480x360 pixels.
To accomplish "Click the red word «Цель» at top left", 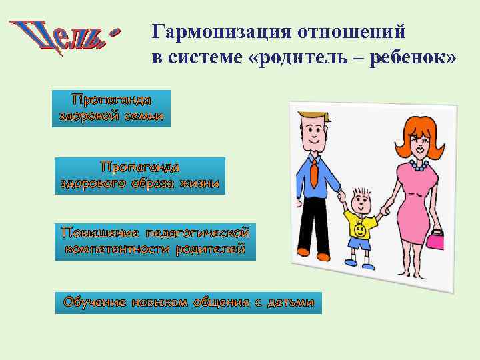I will pos(63,37).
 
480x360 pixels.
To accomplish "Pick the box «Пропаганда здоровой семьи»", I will pos(111,108).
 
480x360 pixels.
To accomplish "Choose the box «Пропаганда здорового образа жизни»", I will pos(140,175).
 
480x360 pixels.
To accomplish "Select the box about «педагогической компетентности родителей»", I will pos(155,241).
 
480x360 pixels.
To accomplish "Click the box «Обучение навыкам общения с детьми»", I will pos(188,302).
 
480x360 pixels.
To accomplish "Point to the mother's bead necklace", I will pos(418,162).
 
